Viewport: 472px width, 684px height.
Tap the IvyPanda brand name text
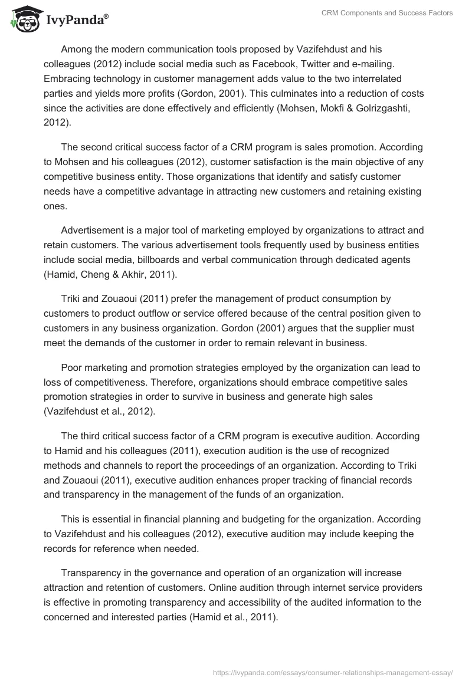coord(77,21)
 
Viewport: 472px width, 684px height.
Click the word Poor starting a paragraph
coord(71,367)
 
